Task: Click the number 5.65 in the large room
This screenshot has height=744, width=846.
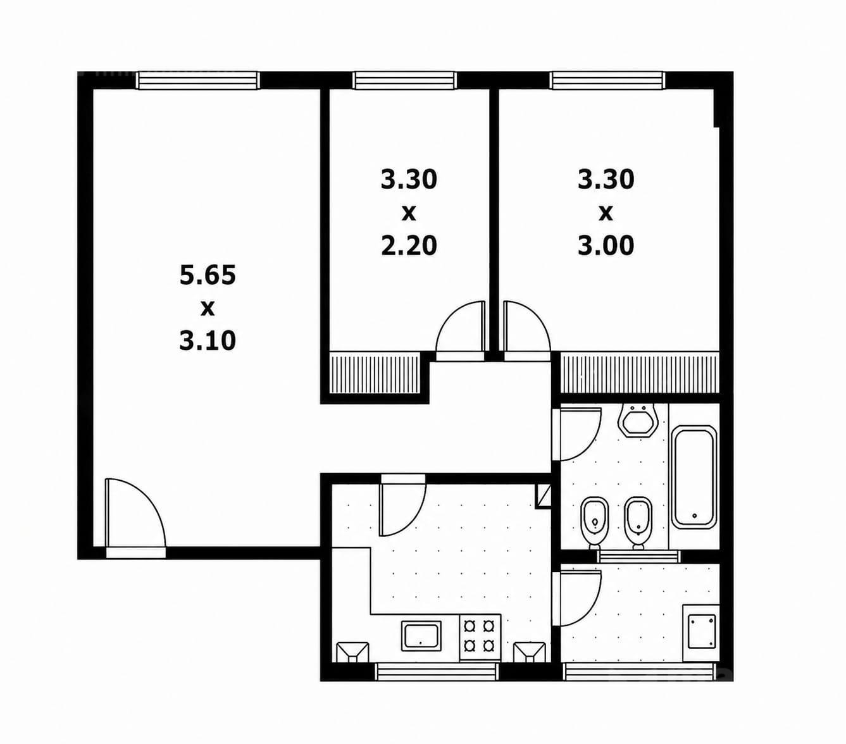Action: click(208, 276)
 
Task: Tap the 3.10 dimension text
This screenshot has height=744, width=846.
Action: click(208, 340)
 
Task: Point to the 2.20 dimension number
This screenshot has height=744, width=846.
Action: click(409, 245)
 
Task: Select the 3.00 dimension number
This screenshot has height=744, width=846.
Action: click(606, 245)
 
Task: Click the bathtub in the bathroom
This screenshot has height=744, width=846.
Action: click(694, 477)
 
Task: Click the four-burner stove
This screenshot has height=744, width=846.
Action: click(480, 636)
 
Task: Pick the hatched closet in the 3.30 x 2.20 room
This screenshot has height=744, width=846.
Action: click(375, 373)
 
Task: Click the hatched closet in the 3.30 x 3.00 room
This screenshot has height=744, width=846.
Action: click(639, 373)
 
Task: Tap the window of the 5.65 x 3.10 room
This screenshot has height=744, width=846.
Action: click(199, 80)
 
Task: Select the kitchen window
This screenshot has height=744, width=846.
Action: click(438, 672)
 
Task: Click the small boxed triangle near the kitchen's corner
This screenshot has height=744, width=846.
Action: click(543, 496)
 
